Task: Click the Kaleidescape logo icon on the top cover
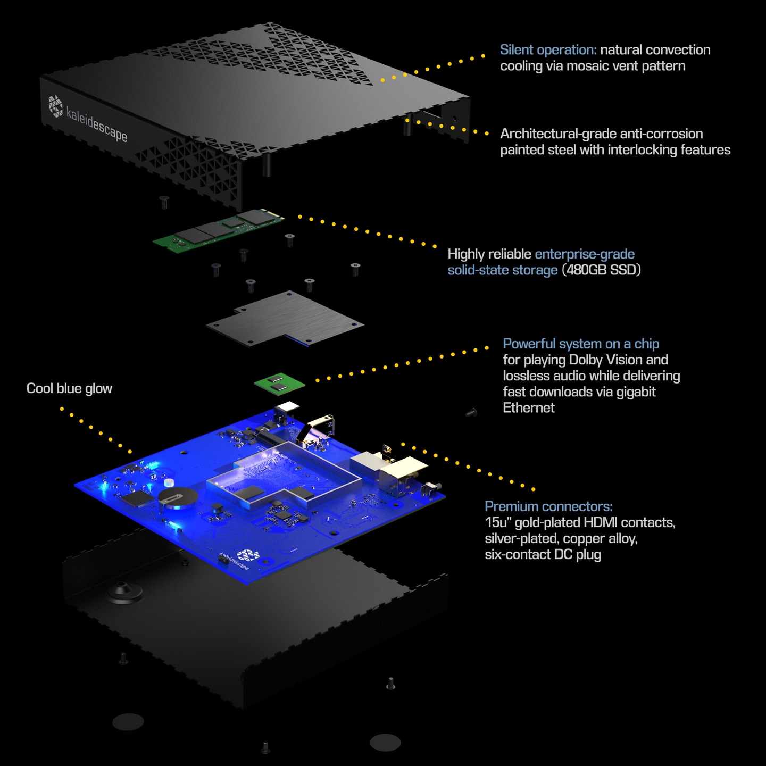click(56, 106)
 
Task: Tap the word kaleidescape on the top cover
click(97, 124)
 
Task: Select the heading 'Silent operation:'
click(548, 50)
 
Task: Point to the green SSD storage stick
click(219, 230)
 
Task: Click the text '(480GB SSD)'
click(601, 270)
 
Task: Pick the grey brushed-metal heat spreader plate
click(285, 319)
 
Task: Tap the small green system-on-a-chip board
click(279, 384)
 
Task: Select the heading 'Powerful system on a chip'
click(581, 344)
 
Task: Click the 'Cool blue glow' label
click(69, 388)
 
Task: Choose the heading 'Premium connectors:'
click(548, 506)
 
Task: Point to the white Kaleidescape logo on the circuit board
click(248, 555)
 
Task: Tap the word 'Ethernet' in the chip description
click(528, 408)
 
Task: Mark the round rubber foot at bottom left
click(128, 721)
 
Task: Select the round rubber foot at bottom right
click(385, 742)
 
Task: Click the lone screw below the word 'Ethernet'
click(471, 413)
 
